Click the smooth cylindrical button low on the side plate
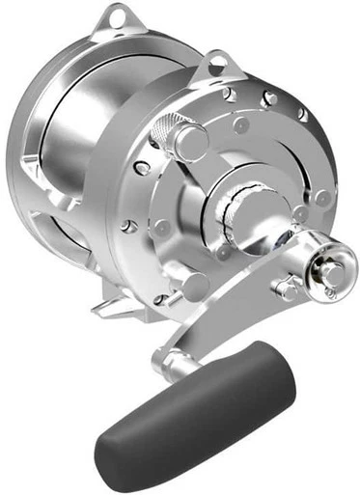194,284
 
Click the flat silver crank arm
241,318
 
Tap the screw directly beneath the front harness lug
229,95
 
